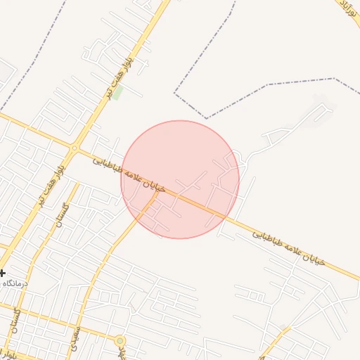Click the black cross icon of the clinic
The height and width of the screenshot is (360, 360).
click(2, 273)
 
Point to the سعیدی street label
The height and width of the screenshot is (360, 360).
click(76, 338)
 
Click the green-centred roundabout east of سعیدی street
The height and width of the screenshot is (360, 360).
click(120, 341)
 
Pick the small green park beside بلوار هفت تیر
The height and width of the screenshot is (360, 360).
click(118, 92)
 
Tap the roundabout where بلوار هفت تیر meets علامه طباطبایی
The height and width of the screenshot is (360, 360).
click(74, 148)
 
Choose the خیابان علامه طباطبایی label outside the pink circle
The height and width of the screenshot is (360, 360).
click(290, 246)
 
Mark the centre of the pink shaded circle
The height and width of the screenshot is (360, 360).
click(180, 179)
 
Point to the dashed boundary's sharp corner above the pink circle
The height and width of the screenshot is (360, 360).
click(206, 117)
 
